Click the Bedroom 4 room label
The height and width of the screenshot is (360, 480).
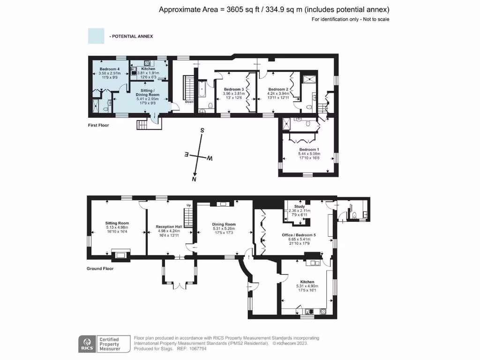coord(106,69)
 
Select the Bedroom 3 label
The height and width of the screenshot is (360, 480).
coord(233,89)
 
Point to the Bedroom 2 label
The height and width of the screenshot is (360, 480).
coord(277,89)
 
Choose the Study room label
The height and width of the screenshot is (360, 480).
coord(300,206)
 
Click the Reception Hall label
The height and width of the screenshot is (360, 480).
coord(169,226)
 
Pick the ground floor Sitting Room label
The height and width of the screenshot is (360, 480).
coord(117,224)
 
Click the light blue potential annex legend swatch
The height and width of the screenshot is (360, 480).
coord(96,36)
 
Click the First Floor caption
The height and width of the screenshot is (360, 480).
coord(98,126)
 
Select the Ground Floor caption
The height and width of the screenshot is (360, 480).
coord(100,269)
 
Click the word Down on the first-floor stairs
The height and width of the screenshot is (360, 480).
coord(189,102)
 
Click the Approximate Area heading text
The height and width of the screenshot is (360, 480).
coord(274,9)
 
